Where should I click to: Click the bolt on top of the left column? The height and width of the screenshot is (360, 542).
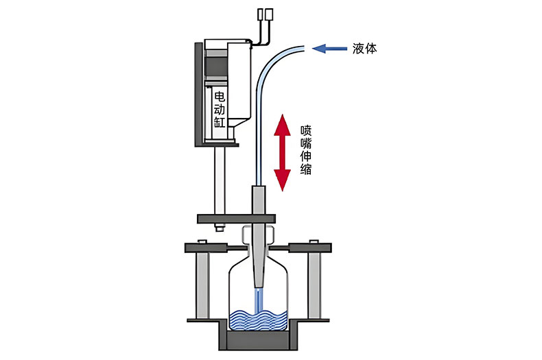tap(202, 241)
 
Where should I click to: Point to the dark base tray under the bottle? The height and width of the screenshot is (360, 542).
tap(257, 340)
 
